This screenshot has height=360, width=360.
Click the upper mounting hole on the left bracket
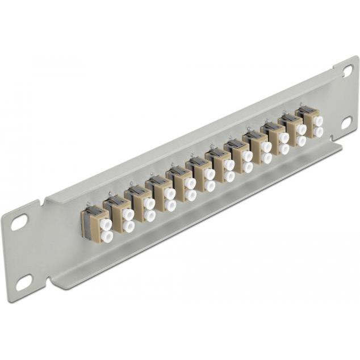[x=19, y=222]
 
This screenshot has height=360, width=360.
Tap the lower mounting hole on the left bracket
[x=24, y=281]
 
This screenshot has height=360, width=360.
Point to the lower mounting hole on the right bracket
[x=346, y=122]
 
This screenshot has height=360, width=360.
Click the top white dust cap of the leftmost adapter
[x=106, y=224]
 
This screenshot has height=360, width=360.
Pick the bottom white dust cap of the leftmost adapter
[x=106, y=236]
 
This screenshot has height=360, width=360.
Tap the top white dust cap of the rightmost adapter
[x=319, y=121]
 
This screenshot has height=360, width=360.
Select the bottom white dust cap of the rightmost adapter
[x=319, y=132]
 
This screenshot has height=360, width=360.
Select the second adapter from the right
[x=291, y=130]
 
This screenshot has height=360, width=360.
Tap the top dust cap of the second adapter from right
[x=302, y=129]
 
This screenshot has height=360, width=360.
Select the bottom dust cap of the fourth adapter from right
[x=266, y=158]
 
